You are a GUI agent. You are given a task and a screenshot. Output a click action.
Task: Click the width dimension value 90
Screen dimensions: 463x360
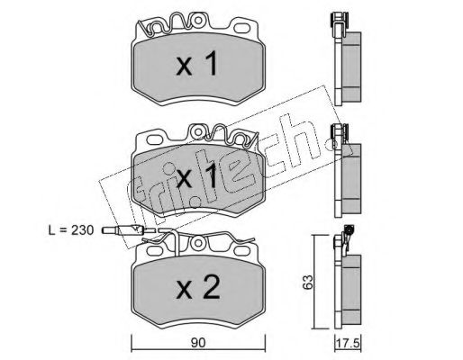(198, 343)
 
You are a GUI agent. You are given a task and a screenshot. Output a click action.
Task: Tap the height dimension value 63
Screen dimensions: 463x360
(308, 282)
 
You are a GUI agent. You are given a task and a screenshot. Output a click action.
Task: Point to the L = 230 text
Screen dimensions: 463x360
(71, 230)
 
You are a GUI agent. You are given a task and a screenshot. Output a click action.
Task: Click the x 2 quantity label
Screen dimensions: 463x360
(198, 288)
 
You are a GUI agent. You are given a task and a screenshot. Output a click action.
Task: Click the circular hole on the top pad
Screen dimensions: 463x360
(198, 20)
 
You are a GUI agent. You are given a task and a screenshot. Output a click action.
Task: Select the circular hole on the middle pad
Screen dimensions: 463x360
(198, 131)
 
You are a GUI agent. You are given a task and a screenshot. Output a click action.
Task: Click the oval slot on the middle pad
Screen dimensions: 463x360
(155, 139)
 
